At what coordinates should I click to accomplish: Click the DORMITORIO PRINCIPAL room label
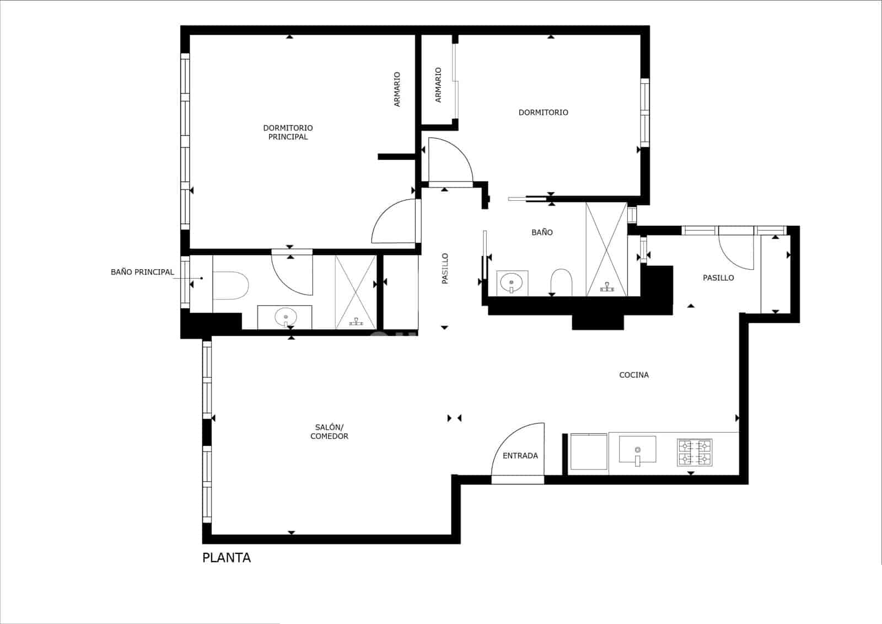(288, 132)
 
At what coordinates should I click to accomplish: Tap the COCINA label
(634, 375)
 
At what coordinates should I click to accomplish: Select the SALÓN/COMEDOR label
(329, 432)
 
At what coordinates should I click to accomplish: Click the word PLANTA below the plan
(227, 558)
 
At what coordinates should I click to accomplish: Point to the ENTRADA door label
(520, 456)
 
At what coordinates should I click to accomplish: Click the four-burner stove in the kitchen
(695, 452)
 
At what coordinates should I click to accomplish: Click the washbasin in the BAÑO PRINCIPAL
(286, 317)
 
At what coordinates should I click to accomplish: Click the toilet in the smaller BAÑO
(562, 282)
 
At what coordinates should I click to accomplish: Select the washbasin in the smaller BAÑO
(512, 282)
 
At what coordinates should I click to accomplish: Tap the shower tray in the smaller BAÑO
(606, 249)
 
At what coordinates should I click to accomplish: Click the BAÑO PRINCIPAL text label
(142, 272)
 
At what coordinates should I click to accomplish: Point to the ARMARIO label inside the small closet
(438, 85)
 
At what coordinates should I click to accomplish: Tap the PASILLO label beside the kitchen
(718, 278)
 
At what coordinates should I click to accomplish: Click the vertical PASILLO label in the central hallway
(445, 269)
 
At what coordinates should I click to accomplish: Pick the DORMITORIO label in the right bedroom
(543, 113)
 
